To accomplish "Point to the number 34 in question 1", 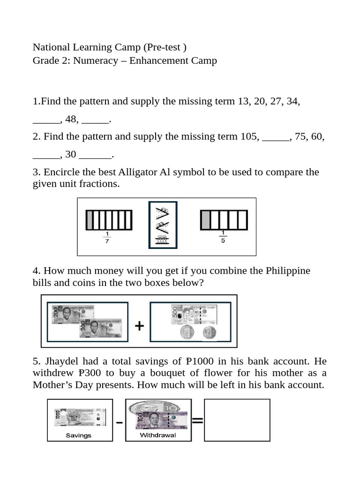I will (292, 101).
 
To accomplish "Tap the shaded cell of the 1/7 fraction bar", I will (90, 220).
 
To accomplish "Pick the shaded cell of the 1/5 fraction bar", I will (205, 220).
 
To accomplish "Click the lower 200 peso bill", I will (101, 329).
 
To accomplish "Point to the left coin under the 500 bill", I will (187, 334).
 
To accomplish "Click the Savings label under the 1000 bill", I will (78, 435).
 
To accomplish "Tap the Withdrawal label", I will (158, 435).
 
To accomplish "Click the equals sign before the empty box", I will (197, 421).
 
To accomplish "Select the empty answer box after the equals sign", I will (237, 420).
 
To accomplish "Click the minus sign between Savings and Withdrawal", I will (120, 423).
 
